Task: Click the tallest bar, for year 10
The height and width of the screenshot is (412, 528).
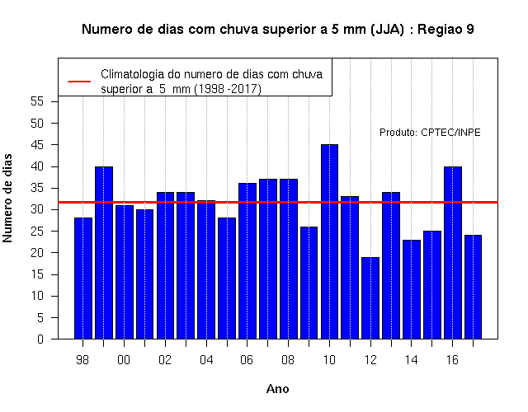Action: point(329,241)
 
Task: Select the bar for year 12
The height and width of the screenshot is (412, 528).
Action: point(370,298)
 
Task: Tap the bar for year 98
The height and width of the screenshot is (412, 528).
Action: point(83,279)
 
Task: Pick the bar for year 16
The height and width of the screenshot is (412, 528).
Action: point(453,253)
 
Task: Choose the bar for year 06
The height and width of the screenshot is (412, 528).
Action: point(247,261)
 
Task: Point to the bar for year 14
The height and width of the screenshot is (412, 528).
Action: point(412,289)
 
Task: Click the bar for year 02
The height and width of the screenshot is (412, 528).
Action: point(165,265)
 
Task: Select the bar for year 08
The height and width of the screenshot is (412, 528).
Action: point(289,259)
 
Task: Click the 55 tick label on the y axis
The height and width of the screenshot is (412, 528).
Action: point(37,101)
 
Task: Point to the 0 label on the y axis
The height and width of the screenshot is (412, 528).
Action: point(40,339)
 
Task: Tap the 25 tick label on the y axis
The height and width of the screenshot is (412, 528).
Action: point(37,231)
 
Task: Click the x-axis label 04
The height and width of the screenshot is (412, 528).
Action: point(206,360)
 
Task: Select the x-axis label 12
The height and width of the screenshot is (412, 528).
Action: point(370,360)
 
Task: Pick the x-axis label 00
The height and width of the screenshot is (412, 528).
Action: point(124,360)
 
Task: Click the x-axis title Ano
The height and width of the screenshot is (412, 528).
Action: point(277,389)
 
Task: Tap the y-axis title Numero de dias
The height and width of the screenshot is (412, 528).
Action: point(7,198)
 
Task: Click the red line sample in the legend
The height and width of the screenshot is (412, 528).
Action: point(79,82)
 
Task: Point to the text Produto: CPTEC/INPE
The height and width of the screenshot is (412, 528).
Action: point(430,133)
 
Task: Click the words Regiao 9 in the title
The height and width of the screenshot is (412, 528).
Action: point(445,30)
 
